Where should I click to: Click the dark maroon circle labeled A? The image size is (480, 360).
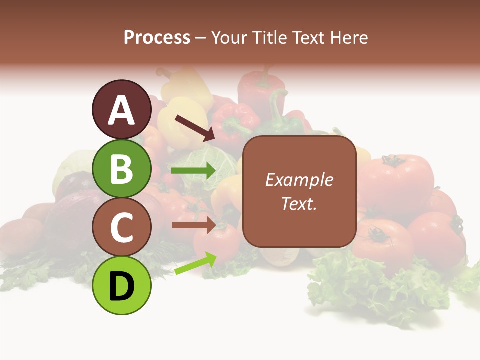[x=121, y=109]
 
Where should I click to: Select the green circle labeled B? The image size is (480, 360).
[x=121, y=168]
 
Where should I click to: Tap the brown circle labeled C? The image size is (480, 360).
[x=121, y=227]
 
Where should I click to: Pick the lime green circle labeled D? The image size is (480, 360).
[x=121, y=286]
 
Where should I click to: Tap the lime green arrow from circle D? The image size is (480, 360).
[x=195, y=263]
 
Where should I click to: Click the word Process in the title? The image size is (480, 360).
[x=157, y=37]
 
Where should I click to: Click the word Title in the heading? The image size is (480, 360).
[x=276, y=37]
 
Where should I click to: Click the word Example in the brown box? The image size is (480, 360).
[x=299, y=180]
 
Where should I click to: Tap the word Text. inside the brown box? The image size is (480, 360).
[x=299, y=204]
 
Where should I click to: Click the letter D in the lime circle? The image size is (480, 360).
[x=121, y=287]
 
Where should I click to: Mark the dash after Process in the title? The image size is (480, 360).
[x=201, y=38]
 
